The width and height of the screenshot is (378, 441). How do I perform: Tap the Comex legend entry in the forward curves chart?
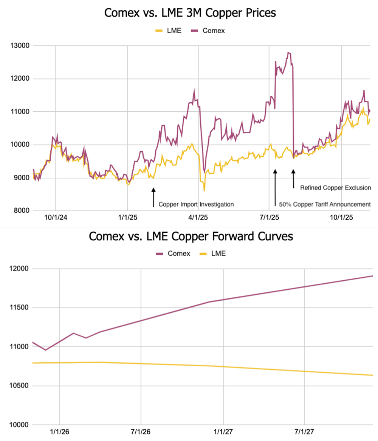[169, 254]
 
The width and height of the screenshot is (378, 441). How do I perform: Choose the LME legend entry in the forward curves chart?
[212, 254]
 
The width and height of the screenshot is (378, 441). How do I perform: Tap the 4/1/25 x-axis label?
[198, 218]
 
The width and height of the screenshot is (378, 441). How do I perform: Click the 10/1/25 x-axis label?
[341, 218]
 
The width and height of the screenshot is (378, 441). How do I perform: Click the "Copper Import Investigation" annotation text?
[196, 204]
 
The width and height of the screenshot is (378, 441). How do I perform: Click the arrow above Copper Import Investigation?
[153, 197]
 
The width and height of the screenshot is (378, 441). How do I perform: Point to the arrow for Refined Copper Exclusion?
[293, 179]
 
